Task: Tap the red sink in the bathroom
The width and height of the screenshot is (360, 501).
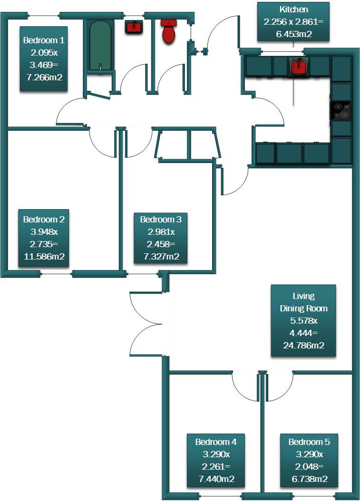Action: pyautogui.click(x=134, y=26)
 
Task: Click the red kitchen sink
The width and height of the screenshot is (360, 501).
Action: pyautogui.click(x=298, y=66)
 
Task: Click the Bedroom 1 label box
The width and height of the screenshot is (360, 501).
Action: pyautogui.click(x=44, y=58)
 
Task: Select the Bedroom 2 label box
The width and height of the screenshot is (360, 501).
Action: pyautogui.click(x=44, y=238)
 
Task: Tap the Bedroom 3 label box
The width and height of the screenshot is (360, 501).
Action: pyautogui.click(x=161, y=238)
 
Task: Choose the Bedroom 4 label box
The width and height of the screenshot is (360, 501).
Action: pyautogui.click(x=216, y=460)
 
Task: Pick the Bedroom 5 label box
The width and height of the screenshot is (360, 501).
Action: pyautogui.click(x=309, y=460)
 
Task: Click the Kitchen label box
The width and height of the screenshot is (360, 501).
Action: pyautogui.click(x=293, y=22)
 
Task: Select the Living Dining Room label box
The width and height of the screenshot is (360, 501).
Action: pyautogui.click(x=303, y=320)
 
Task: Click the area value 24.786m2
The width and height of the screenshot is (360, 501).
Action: pyautogui.click(x=303, y=346)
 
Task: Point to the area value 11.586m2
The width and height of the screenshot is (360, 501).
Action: pyautogui.click(x=44, y=257)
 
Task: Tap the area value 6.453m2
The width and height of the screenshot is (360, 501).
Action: pyautogui.click(x=293, y=34)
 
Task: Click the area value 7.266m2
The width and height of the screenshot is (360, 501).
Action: pyautogui.click(x=44, y=77)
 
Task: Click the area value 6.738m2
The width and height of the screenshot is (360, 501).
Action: pyautogui.click(x=309, y=479)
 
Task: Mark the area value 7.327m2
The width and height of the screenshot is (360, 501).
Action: pyautogui.click(x=161, y=257)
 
